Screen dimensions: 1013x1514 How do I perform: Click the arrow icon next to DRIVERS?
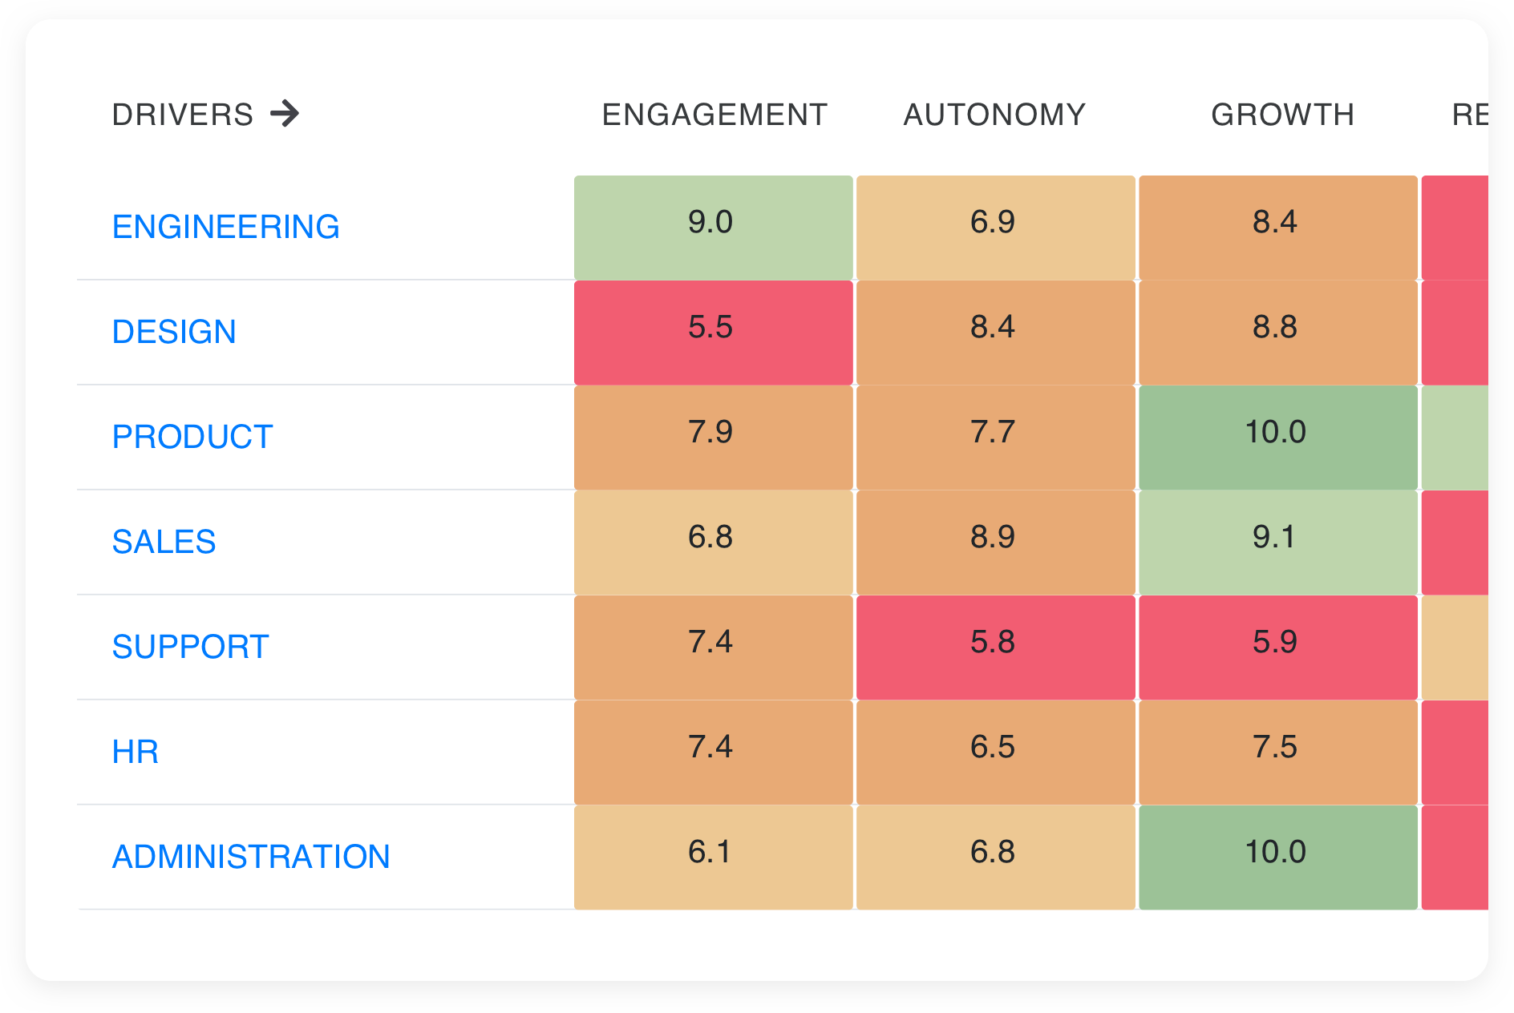285,114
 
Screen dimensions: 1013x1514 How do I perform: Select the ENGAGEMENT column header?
714,115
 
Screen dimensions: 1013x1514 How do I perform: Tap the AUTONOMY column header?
994,115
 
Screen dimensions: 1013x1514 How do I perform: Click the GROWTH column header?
1282,115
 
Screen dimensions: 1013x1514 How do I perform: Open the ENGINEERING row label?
225,227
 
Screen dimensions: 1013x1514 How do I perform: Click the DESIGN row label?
174,332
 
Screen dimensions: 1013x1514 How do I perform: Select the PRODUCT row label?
192,437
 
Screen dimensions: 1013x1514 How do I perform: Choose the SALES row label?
164,542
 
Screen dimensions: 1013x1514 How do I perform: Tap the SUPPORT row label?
190,647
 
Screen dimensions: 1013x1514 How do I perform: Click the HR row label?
135,752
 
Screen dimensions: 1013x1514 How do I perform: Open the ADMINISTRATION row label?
251,857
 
